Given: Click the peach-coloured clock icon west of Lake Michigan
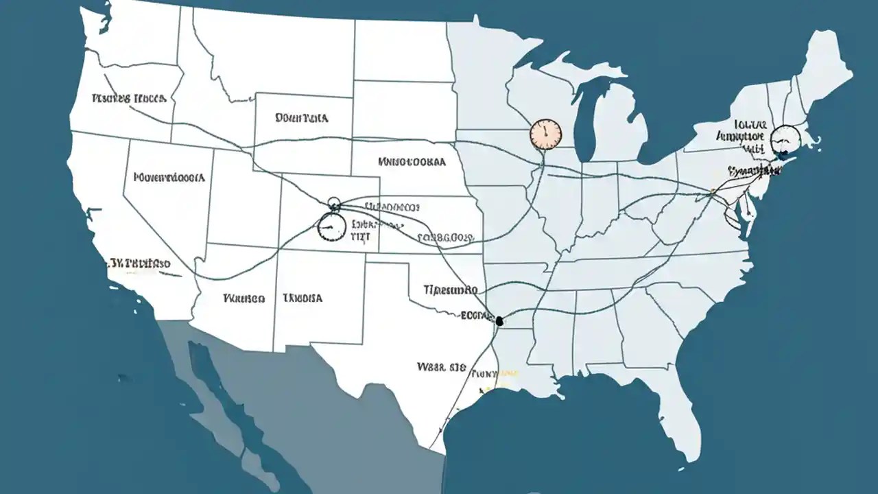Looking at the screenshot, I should click(546, 134).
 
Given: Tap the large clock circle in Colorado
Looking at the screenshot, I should click(331, 227).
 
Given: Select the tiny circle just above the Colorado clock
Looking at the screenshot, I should click(334, 202).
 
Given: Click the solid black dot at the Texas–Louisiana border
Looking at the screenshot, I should click(499, 320).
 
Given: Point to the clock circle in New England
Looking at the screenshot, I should click(785, 140).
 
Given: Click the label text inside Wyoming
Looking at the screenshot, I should click(301, 118).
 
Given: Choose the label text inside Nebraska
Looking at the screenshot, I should click(412, 163).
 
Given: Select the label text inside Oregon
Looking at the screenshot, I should click(128, 98).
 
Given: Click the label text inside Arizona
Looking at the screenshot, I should click(244, 298).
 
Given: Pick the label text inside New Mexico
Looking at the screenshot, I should click(302, 298).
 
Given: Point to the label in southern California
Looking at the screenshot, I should click(141, 263).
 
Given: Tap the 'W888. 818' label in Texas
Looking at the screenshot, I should click(441, 366).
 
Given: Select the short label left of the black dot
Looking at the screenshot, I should click(476, 316).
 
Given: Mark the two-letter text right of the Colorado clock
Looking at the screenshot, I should click(360, 235).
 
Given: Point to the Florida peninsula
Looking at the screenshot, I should click(676, 412).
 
